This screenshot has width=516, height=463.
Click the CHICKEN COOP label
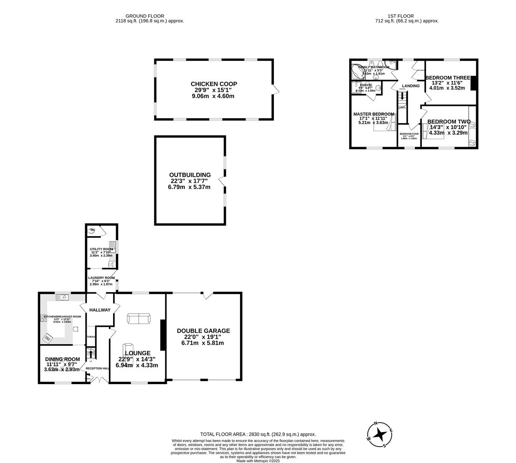pos(214,84)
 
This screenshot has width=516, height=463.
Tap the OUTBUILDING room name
pos(190,175)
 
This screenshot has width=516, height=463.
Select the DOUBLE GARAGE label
pos(203,331)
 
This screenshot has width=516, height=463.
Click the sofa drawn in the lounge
pos(138,319)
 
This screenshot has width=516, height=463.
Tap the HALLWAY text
pos(100,310)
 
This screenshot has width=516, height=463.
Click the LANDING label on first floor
pos(411,86)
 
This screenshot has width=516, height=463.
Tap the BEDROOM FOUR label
pos(409,134)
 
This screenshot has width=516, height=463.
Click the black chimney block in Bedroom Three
pos(473,83)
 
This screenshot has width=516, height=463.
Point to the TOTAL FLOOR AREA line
pos(258,434)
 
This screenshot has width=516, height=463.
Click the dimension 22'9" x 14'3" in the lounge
pos(137,359)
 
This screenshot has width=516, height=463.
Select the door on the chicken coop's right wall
pos(276,90)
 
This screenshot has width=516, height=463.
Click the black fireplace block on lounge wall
pos(163,335)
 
